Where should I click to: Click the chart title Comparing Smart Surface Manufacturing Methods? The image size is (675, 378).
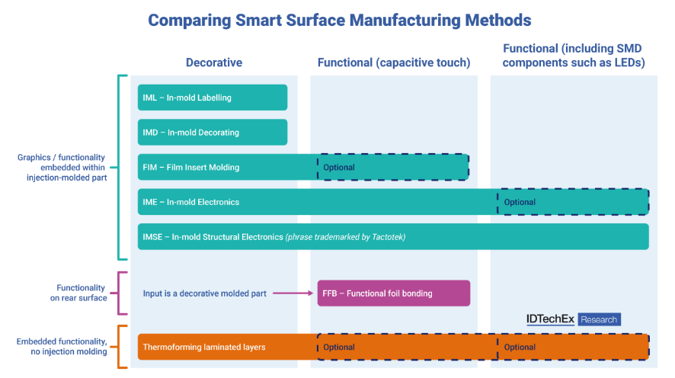tap(339, 20)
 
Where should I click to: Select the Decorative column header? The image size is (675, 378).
tap(214, 62)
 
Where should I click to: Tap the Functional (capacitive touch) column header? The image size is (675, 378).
tap(394, 62)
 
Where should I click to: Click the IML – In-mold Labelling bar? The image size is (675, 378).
tap(213, 98)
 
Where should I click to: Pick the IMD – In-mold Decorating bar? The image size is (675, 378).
tap(213, 133)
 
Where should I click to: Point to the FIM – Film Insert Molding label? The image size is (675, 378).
tap(191, 168)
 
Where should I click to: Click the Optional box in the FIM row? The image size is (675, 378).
tap(392, 168)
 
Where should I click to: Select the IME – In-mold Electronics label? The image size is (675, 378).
tap(191, 202)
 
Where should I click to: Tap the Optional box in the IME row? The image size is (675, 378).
tap(572, 202)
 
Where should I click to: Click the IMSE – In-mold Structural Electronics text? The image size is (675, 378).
tap(213, 237)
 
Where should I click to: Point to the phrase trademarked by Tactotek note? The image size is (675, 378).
tap(346, 237)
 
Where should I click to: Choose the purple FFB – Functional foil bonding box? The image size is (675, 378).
tap(393, 293)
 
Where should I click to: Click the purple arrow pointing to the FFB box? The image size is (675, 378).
tap(293, 293)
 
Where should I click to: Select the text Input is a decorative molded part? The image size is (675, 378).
tap(204, 293)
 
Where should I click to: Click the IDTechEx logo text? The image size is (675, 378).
tap(550, 319)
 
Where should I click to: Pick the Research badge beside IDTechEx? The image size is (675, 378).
tap(599, 319)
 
